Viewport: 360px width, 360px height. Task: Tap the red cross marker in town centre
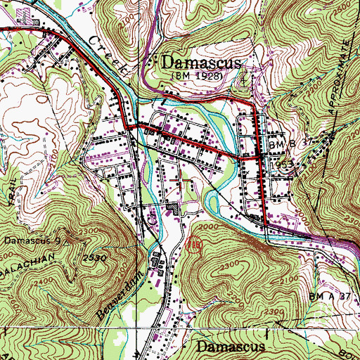pos(181,179)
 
